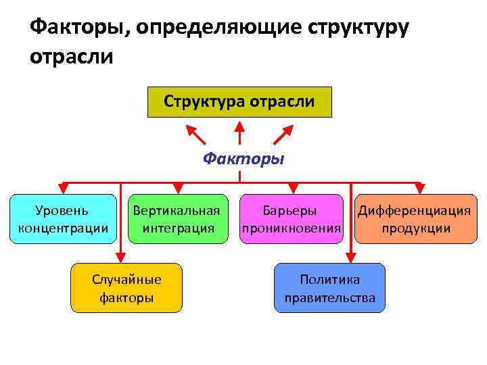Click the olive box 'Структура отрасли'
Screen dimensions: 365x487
[239, 102]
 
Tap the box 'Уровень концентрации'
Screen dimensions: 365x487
[62, 219]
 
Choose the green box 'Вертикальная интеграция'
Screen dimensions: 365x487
[177, 219]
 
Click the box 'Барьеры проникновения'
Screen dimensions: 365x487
[290, 219]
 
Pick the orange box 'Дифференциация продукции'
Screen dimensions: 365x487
[414, 219]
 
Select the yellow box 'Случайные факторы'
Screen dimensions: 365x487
[126, 287]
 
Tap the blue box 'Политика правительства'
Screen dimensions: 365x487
[329, 287]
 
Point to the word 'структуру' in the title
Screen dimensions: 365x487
[358, 28]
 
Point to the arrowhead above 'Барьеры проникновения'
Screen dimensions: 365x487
[292, 189]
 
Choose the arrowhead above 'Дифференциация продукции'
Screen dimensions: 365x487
[419, 189]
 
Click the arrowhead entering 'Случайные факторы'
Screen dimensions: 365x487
[120, 257]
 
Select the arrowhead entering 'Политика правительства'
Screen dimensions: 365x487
[350, 257]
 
